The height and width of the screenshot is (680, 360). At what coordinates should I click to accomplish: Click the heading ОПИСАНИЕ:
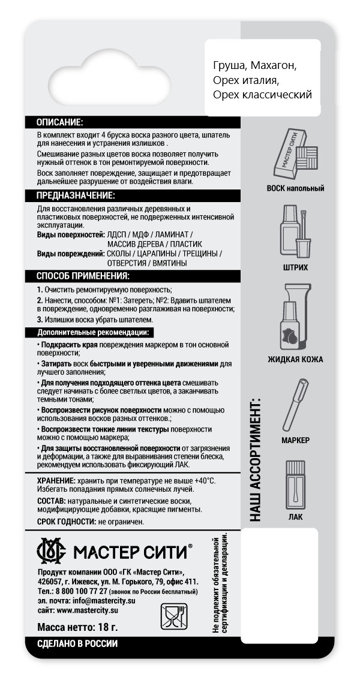[x=60, y=122]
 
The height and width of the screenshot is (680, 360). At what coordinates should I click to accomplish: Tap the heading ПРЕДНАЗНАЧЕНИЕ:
[x=76, y=196]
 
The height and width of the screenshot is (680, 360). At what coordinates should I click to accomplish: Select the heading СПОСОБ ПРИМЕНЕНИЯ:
[x=83, y=276]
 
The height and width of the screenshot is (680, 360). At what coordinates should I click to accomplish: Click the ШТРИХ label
[x=295, y=267]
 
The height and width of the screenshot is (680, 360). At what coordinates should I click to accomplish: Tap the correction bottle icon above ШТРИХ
[x=295, y=231]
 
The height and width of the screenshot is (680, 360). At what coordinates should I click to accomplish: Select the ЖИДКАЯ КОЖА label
[x=295, y=360]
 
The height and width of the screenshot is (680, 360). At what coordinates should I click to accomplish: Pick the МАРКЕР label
[x=295, y=440]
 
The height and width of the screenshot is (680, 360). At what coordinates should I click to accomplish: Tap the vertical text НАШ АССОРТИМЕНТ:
[x=256, y=459]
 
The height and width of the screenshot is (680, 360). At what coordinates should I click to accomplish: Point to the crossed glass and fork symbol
[x=172, y=616]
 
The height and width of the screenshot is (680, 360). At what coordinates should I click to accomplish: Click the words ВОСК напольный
[x=295, y=188]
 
